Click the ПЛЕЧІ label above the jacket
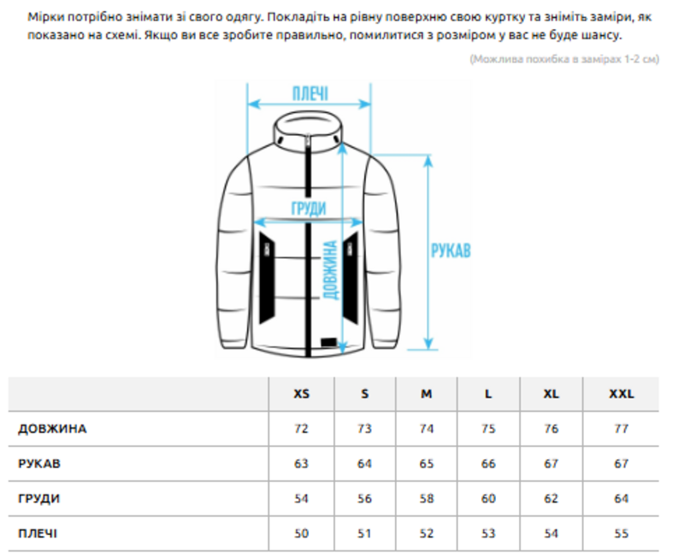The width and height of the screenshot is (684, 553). tap(310, 94)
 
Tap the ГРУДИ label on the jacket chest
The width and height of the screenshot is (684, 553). tap(309, 209)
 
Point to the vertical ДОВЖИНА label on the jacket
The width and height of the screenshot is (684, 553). tap(331, 270)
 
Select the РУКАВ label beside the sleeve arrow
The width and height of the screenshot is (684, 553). tap(451, 250)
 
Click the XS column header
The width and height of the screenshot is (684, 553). tap(302, 394)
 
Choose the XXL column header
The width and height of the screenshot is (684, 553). tap(622, 394)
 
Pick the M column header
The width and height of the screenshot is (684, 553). tap(426, 394)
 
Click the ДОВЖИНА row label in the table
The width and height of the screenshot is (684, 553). tap(52, 429)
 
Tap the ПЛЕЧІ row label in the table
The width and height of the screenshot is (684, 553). tap(38, 533)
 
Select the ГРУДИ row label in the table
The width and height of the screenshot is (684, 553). tap(38, 498)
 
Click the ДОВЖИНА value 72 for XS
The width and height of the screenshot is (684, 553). tap(302, 429)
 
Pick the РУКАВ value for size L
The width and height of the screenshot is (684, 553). tap(488, 463)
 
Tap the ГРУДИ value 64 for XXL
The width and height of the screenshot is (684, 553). tap(622, 498)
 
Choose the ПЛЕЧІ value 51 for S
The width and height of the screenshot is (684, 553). tap(364, 533)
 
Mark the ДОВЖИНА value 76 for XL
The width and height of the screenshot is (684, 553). tap(551, 429)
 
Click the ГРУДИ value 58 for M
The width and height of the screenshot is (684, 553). tap(426, 498)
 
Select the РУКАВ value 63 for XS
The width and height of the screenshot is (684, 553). tap(302, 463)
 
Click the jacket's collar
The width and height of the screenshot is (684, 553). tap(308, 129)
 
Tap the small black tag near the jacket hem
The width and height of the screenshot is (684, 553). tap(329, 343)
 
